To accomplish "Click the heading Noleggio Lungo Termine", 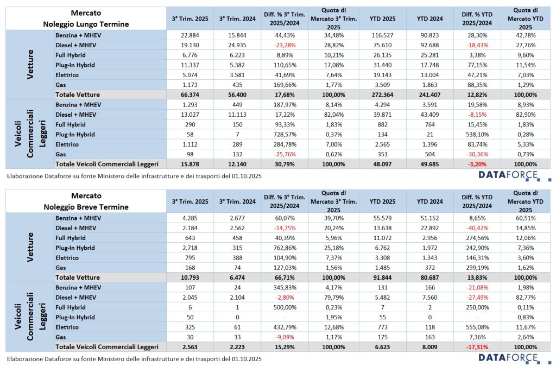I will (86, 24).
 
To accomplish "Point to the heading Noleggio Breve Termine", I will (86, 207).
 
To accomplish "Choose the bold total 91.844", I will (384, 277).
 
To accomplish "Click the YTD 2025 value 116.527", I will (384, 35).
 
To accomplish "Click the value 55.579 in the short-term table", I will (384, 218).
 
